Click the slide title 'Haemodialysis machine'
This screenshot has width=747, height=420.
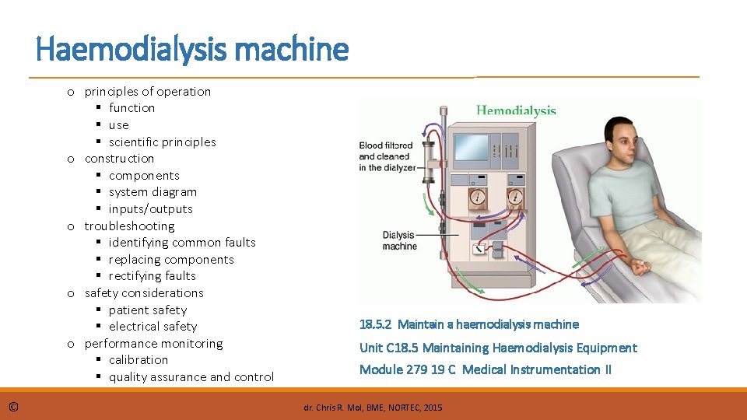tap(192, 50)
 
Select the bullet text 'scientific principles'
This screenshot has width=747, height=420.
tap(162, 142)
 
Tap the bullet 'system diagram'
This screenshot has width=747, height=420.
tap(153, 192)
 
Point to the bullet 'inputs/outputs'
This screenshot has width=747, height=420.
tap(150, 208)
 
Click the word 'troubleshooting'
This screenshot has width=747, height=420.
tap(129, 226)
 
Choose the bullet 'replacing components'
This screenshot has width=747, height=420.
tap(171, 259)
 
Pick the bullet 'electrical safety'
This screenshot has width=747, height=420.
tap(153, 327)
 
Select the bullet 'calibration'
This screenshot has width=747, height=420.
tap(139, 360)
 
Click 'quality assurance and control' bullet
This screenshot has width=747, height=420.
tap(191, 377)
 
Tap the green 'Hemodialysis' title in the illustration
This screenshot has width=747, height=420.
tap(516, 111)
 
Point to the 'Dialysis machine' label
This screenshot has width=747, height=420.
tap(399, 240)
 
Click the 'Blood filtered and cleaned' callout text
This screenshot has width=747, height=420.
tap(386, 156)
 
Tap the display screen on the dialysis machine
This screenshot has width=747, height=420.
tap(470, 148)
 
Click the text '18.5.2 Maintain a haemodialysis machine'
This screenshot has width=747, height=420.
tap(468, 324)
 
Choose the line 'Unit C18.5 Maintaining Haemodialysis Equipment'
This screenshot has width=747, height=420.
tap(498, 348)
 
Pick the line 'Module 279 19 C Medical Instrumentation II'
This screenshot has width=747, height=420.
tap(485, 369)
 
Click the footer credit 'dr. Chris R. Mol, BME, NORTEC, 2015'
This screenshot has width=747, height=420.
tap(373, 407)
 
